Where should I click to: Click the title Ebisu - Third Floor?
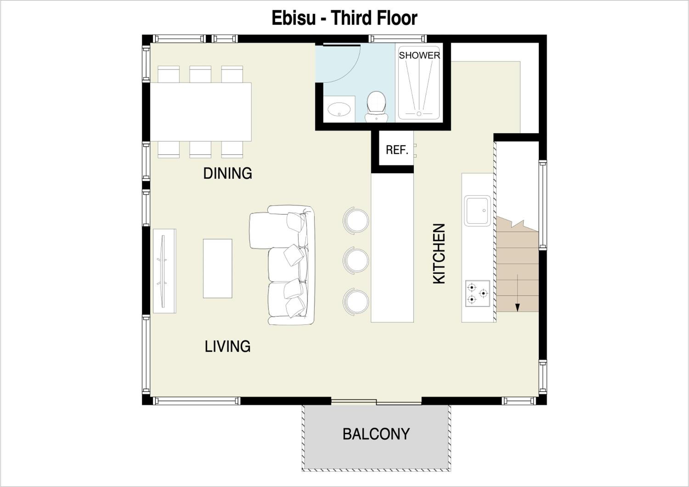click(x=344, y=18)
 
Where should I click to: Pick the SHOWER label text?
click(x=419, y=56)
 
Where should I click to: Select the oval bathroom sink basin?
click(x=339, y=109)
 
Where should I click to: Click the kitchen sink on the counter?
click(x=477, y=211)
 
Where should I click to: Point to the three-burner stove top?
click(x=477, y=293)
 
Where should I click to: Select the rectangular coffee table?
click(x=217, y=269)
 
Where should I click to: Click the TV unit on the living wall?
click(x=164, y=271)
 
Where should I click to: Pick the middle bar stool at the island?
click(x=356, y=260)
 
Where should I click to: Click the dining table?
click(x=200, y=112)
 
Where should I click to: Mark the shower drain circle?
click(x=419, y=114)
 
